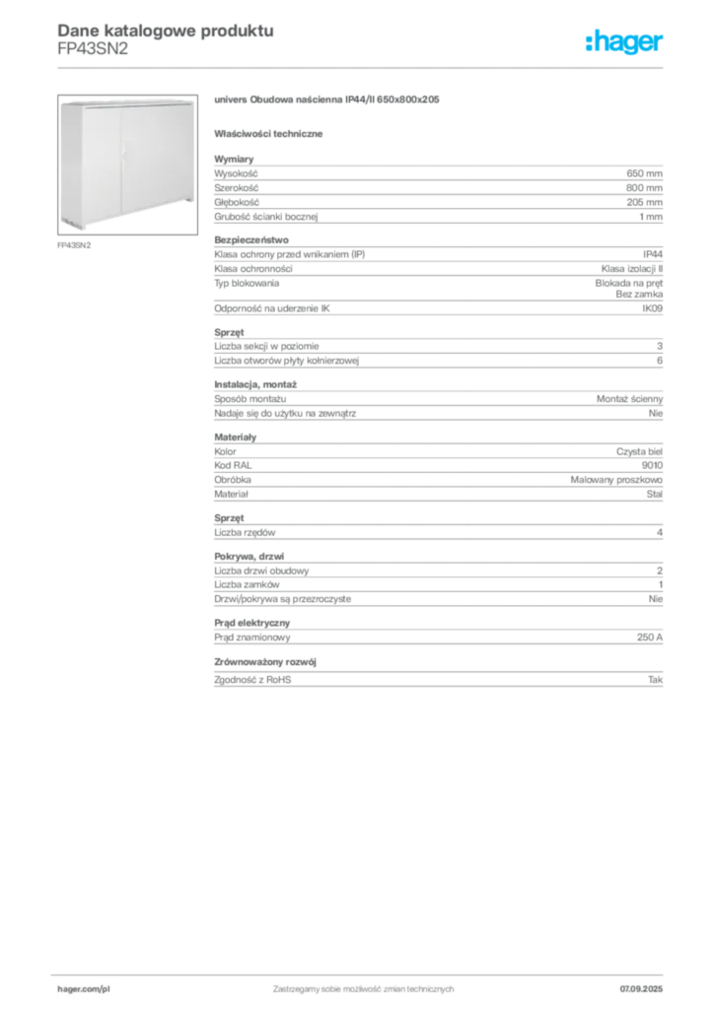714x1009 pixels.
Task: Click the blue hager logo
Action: pyautogui.click(x=625, y=42)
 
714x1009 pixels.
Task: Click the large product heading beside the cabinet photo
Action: pyautogui.click(x=326, y=101)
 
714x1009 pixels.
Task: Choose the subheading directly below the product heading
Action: pyautogui.click(x=272, y=132)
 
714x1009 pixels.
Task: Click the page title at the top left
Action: pyautogui.click(x=164, y=30)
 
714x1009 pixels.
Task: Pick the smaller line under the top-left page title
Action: pyautogui.click(x=95, y=57)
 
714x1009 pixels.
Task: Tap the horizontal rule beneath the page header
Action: pyautogui.click(x=362, y=67)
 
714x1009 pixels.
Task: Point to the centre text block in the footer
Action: pyautogui.click(x=362, y=985)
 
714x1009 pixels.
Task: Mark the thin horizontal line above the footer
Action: pyautogui.click(x=362, y=971)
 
